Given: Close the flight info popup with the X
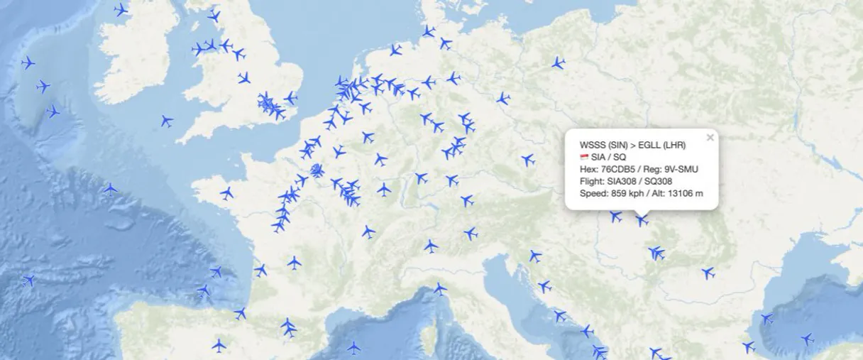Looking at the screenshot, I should [x=710, y=138].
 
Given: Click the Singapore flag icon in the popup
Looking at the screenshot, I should [x=584, y=157].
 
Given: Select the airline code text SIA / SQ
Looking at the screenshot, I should [x=609, y=156].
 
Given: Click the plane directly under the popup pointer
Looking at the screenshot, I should [x=642, y=221].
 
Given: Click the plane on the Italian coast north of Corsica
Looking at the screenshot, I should [x=440, y=289].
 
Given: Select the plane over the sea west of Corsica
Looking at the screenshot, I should [x=353, y=347].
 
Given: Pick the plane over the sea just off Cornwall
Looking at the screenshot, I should [x=166, y=121].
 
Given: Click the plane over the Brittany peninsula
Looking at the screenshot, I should [x=226, y=193].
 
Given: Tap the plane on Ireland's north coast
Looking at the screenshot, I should [x=121, y=10].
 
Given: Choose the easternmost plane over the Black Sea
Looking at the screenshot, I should [x=807, y=339].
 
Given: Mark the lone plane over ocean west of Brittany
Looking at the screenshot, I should [x=110, y=189].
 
